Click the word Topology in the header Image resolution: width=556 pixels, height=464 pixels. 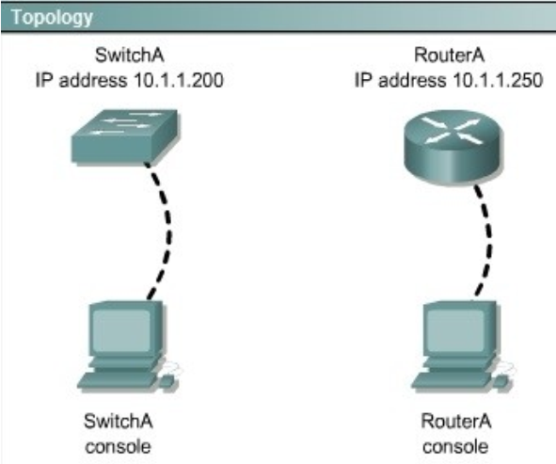pos(52,18)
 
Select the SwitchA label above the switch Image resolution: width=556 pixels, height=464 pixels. pos(130,55)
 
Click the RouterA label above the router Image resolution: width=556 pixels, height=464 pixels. pos(450,55)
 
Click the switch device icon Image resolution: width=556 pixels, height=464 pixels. pos(125,136)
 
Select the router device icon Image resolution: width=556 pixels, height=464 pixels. pos(453,147)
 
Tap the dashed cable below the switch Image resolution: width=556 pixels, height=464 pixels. pos(166,231)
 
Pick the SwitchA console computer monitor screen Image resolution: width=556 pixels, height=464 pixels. pos(121,330)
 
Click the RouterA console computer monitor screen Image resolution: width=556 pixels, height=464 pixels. pos(455,330)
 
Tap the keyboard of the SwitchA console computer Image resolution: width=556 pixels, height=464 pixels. pos(117,380)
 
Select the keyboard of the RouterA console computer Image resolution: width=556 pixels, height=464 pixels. pos(451,380)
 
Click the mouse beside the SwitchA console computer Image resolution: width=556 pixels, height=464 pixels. pos(167,381)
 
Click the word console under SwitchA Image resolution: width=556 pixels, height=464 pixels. pos(119,447)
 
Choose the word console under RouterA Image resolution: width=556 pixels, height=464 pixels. pos(455,447)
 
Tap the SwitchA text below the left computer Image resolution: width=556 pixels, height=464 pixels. pos(119,421)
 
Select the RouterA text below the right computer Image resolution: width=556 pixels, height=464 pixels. pos(456,421)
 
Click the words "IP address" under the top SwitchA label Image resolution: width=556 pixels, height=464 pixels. pos(81,80)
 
